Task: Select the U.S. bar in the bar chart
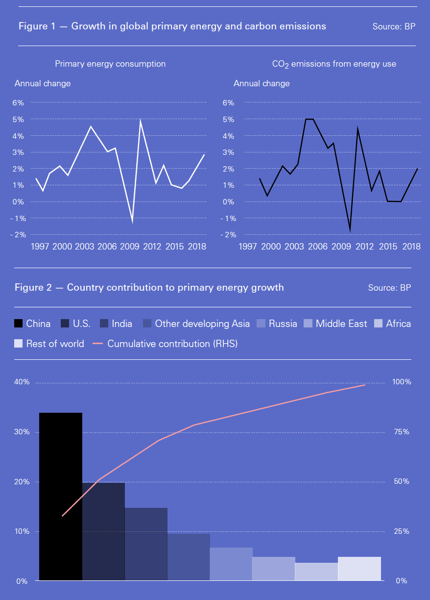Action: [x=103, y=531]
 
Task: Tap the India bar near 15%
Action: [x=146, y=544]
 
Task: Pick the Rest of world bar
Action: [x=359, y=569]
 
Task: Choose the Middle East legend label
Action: [x=341, y=324]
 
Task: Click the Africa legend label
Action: [x=398, y=324]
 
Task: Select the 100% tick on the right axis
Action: [x=402, y=382]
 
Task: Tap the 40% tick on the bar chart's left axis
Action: [x=22, y=382]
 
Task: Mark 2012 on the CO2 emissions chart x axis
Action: [x=365, y=246]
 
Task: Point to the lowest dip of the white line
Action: [x=132, y=222]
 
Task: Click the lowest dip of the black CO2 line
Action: [x=350, y=230]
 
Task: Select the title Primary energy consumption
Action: [x=110, y=64]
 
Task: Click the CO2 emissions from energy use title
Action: [x=334, y=64]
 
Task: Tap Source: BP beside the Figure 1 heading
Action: [x=394, y=26]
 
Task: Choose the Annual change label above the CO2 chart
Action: [x=262, y=83]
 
